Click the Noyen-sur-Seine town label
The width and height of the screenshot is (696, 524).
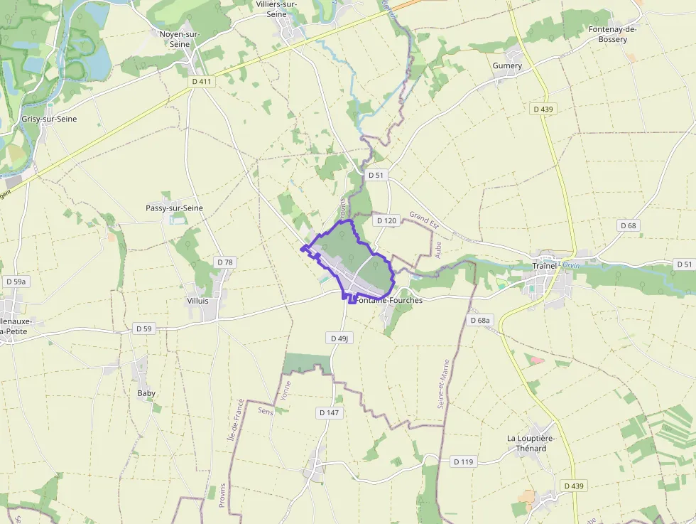click(x=180, y=38)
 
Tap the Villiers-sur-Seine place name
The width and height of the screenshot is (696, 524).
click(x=276, y=9)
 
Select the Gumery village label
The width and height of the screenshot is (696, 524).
click(x=507, y=65)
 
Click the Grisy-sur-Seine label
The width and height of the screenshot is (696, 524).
click(x=49, y=119)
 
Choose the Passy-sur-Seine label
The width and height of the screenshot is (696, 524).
click(x=174, y=208)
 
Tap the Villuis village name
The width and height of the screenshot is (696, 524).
click(x=197, y=301)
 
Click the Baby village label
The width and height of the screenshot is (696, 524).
click(x=146, y=392)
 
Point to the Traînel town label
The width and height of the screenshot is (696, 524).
click(x=545, y=266)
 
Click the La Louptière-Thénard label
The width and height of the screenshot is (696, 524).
click(x=531, y=443)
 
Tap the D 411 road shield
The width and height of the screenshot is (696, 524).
click(x=202, y=82)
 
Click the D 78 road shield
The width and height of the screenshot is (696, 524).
click(x=224, y=262)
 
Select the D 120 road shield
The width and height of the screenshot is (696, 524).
click(x=386, y=220)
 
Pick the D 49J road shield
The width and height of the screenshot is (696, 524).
click(x=340, y=338)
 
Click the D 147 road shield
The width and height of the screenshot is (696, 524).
click(x=329, y=412)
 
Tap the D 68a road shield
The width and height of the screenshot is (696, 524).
click(x=480, y=321)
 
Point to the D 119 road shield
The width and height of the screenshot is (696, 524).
click(x=462, y=462)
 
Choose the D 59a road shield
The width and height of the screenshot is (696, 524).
click(x=16, y=282)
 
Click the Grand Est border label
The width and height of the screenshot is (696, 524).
click(x=424, y=220)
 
